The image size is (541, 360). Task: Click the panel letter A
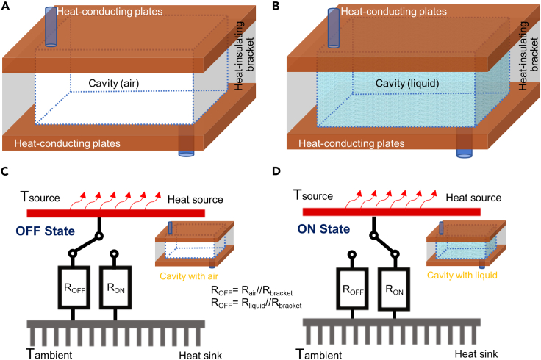pyautogui.click(x=6, y=7)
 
